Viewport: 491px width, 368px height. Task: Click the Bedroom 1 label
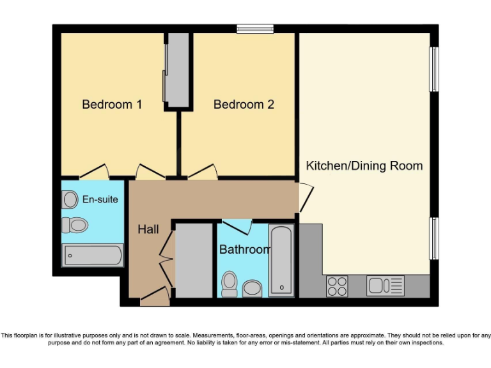click(x=112, y=104)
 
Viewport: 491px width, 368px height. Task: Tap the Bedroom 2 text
click(x=244, y=104)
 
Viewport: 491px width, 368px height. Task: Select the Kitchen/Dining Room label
click(x=364, y=165)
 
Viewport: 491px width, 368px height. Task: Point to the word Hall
click(x=148, y=229)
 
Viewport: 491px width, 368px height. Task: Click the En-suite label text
click(x=100, y=199)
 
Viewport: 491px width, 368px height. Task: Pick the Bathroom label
click(x=244, y=249)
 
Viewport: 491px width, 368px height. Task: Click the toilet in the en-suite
click(x=75, y=224)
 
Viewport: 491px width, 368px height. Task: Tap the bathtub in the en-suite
click(x=92, y=256)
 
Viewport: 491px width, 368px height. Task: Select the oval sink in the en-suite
click(x=70, y=200)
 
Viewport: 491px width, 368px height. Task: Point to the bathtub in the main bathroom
click(x=281, y=260)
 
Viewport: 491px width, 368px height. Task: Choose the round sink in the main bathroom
click(x=253, y=288)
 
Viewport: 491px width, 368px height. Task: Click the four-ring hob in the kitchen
click(x=337, y=286)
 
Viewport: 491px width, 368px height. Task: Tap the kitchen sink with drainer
click(x=385, y=286)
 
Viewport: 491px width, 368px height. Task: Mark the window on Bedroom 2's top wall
click(x=255, y=28)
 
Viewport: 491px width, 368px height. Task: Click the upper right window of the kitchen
click(x=434, y=68)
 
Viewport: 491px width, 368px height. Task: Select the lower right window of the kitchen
click(x=434, y=238)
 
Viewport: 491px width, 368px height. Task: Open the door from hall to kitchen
click(x=306, y=197)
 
